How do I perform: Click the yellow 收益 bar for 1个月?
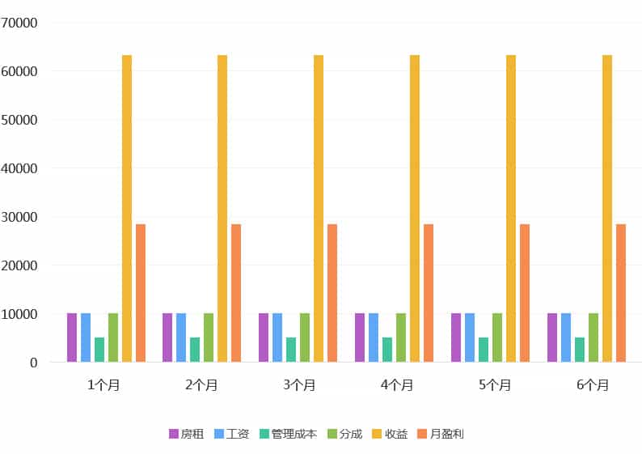(x=127, y=208)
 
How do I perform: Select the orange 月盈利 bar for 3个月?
(x=332, y=293)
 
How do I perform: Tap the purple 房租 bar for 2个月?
(x=167, y=337)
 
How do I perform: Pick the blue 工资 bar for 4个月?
(x=374, y=337)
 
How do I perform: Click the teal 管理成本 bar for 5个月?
(x=484, y=350)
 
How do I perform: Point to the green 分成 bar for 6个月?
(x=593, y=337)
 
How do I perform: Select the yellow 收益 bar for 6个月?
(x=607, y=208)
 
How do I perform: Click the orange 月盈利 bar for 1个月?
(x=141, y=293)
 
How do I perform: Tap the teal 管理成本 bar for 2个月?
(x=195, y=350)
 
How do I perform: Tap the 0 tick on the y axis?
(x=33, y=363)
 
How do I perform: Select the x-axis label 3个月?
(x=298, y=385)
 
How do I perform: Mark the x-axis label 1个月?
(x=103, y=385)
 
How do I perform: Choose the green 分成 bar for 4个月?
(x=401, y=337)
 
